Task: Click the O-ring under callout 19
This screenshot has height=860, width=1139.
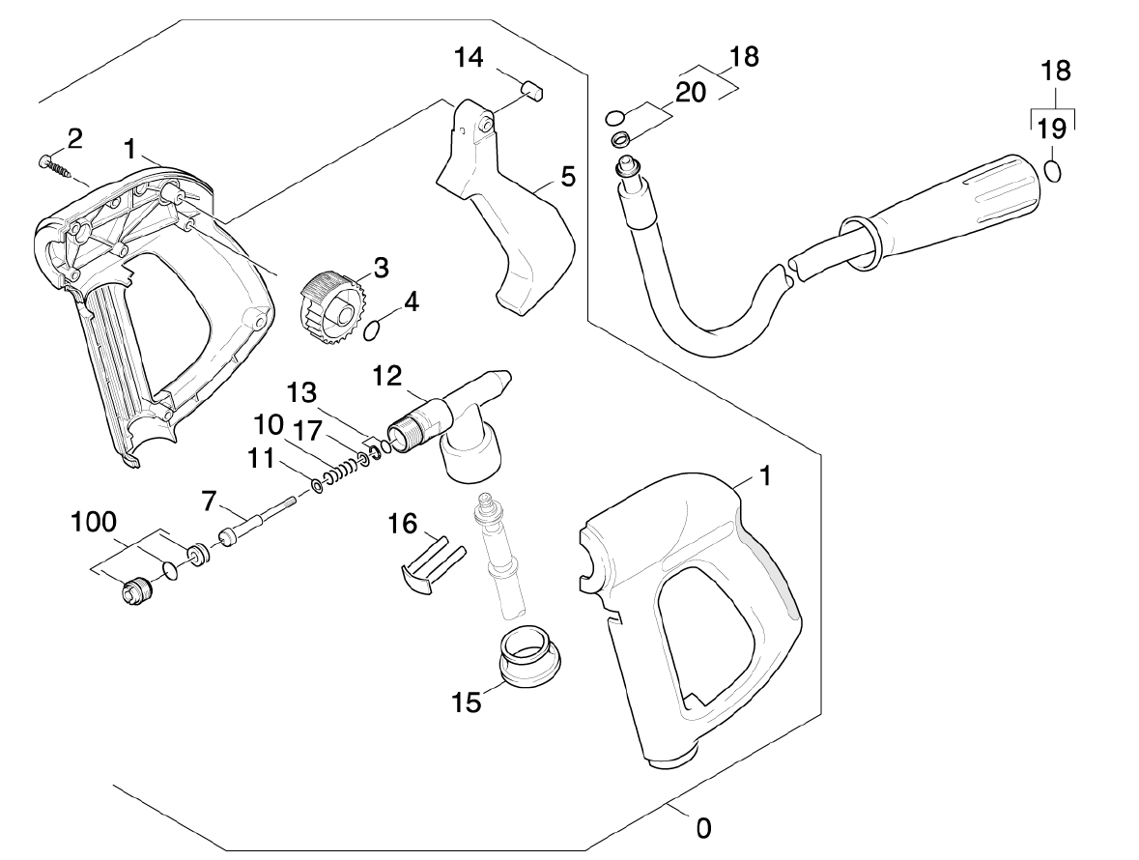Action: (1055, 172)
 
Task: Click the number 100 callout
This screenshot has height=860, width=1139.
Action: (95, 523)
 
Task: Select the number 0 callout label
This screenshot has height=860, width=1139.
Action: (703, 828)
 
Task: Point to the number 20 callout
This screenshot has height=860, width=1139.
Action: (691, 92)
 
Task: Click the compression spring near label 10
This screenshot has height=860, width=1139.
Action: (343, 471)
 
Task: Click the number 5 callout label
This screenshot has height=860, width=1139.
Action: (568, 177)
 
